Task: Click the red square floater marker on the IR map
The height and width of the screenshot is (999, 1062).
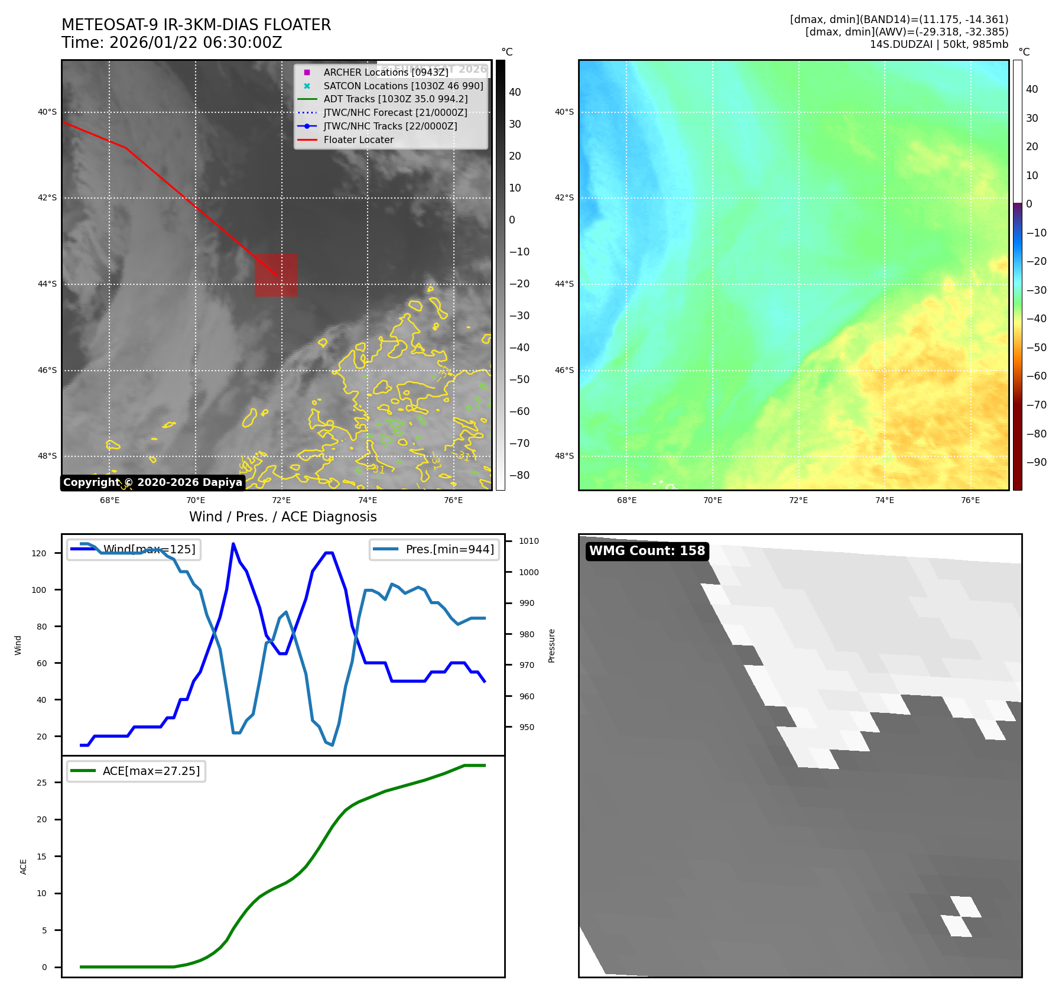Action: (x=276, y=275)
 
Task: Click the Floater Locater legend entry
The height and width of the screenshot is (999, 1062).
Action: (x=358, y=140)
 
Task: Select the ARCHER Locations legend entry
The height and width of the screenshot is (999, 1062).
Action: (x=385, y=72)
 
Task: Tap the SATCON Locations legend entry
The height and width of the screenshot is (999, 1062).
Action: (x=403, y=86)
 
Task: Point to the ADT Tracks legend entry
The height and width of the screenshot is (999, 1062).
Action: (x=395, y=99)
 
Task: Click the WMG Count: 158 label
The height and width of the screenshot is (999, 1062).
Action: (x=647, y=551)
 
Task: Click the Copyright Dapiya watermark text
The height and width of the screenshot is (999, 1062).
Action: (x=152, y=482)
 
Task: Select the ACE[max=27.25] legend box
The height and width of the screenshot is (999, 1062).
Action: (x=137, y=771)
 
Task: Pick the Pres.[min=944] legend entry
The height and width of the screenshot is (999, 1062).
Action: (x=435, y=550)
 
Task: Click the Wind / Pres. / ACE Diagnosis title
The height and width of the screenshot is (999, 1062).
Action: (x=282, y=517)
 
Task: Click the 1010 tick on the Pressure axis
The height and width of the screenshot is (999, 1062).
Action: (x=528, y=541)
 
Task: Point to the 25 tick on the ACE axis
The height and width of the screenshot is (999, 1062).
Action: (x=42, y=783)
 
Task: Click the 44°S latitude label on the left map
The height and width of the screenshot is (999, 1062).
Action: (x=47, y=284)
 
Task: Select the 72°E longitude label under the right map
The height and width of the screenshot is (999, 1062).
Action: (x=798, y=501)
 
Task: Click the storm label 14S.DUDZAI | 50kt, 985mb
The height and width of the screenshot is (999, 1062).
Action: (x=938, y=44)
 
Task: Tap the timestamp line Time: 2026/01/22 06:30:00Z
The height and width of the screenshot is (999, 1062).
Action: (x=171, y=43)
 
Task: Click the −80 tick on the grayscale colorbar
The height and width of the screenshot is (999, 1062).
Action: (x=519, y=475)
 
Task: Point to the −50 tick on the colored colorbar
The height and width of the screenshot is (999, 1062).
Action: (x=1036, y=348)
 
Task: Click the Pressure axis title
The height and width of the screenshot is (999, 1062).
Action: (x=551, y=646)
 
